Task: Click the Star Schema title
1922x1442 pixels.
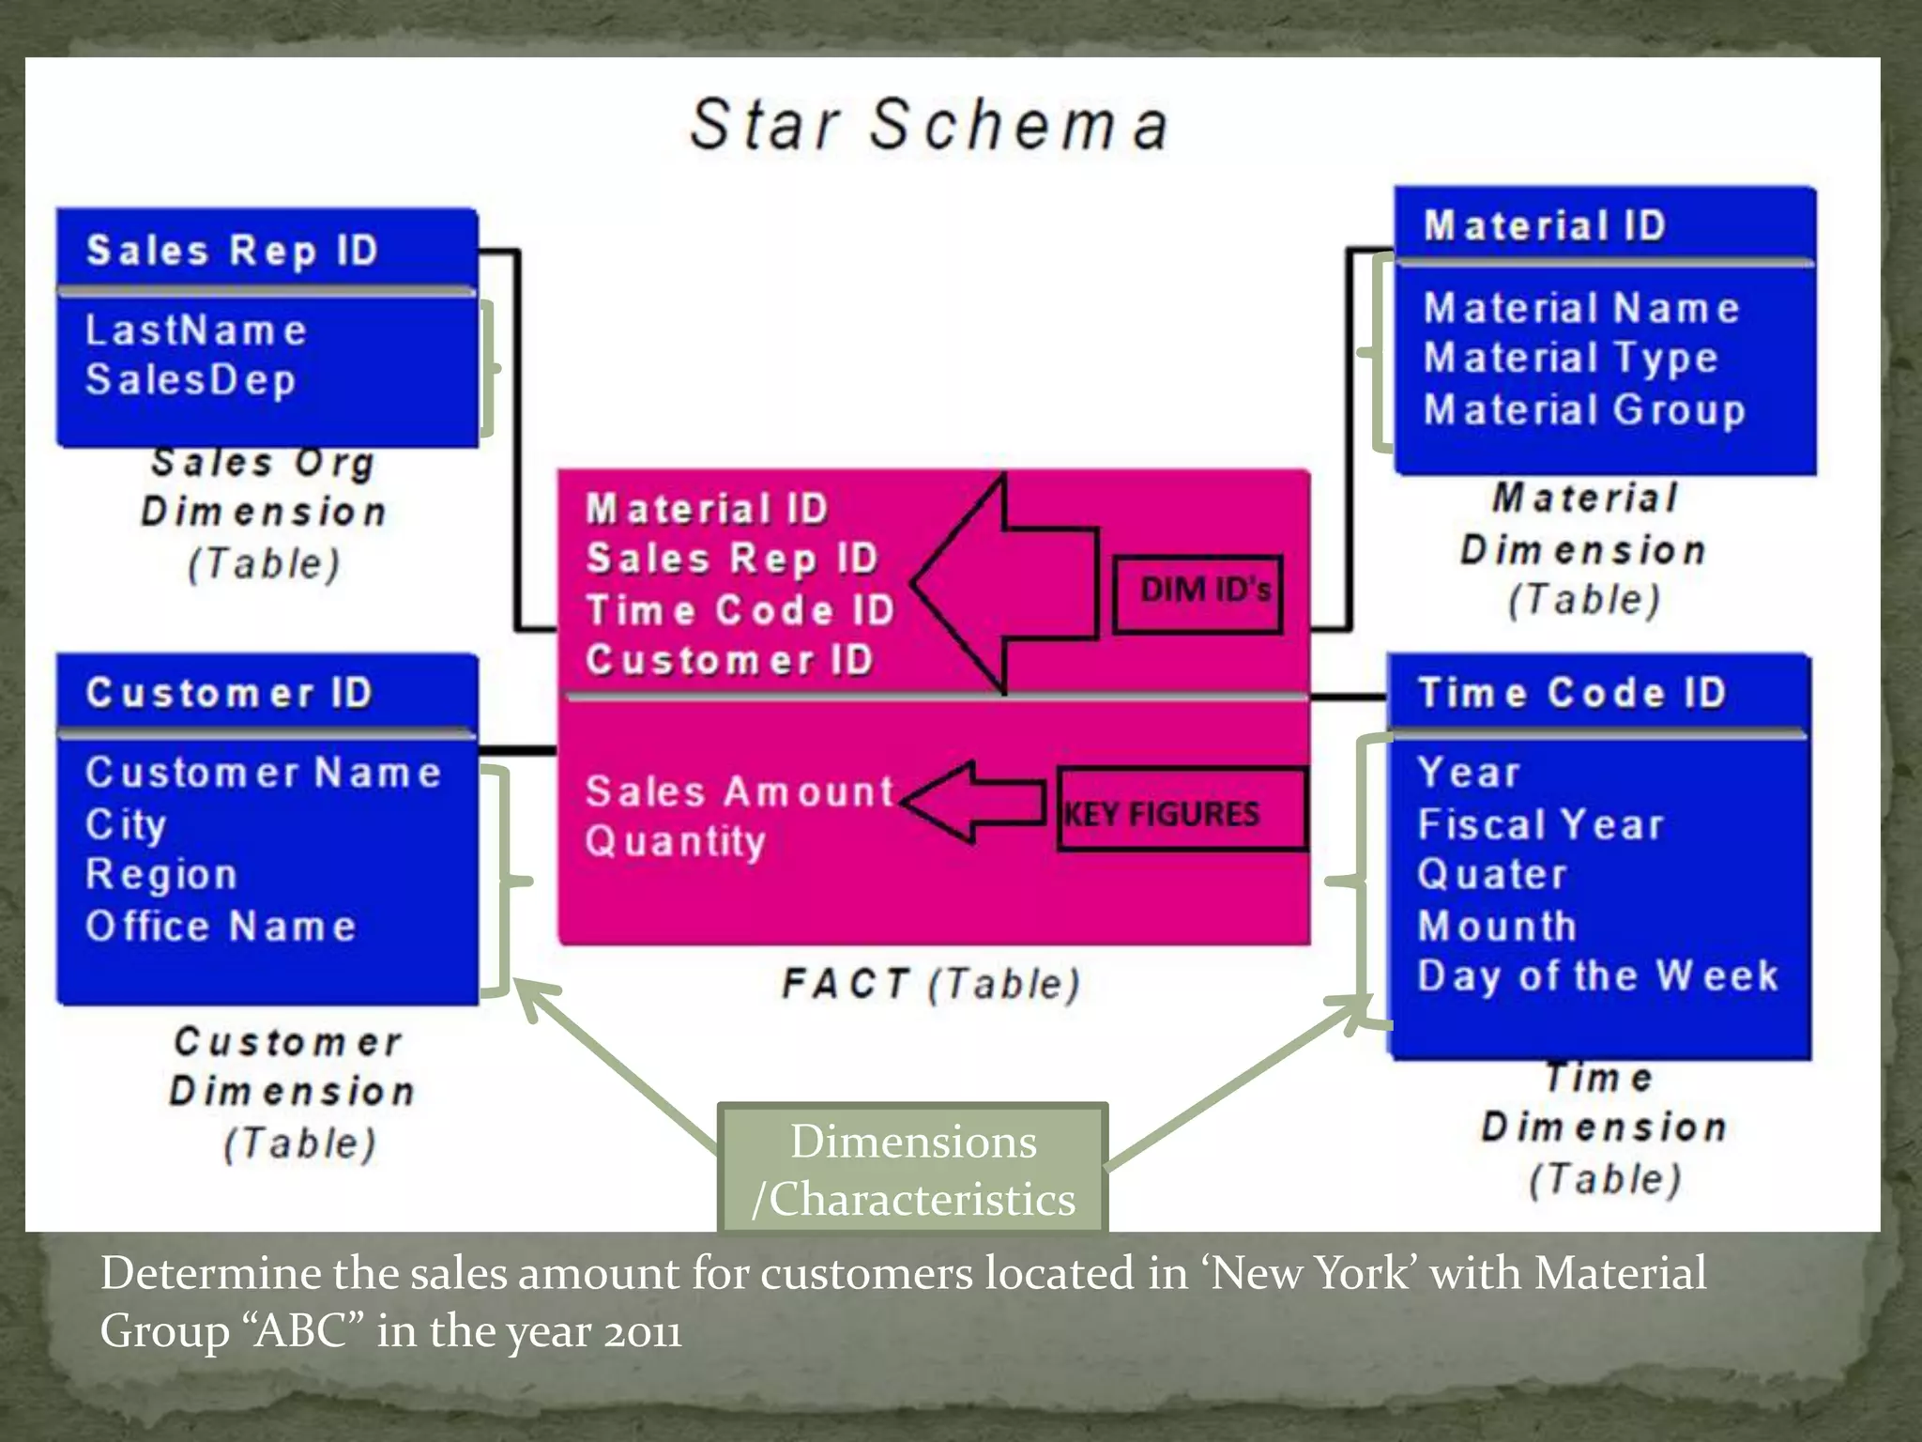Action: [x=929, y=125]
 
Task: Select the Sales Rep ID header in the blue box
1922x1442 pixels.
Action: [x=233, y=251]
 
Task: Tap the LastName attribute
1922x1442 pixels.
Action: [x=196, y=330]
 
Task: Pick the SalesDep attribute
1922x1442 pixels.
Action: [x=191, y=380]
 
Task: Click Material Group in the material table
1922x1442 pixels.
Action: [x=1584, y=410]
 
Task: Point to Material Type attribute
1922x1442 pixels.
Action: [x=1570, y=359]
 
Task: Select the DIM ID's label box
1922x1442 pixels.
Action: [x=1198, y=592]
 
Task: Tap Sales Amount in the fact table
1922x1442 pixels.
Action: [x=740, y=791]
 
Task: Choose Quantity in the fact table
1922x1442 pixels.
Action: [x=676, y=841]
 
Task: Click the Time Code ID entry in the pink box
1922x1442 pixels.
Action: [x=740, y=610]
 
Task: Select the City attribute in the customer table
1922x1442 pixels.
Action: [x=126, y=824]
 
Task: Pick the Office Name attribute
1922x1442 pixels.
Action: [x=221, y=927]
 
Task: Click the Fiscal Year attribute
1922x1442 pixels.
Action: [x=1540, y=825]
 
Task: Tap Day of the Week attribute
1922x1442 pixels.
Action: [x=1597, y=976]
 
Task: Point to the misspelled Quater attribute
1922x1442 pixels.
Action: [x=1492, y=875]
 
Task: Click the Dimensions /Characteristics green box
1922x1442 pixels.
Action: [x=913, y=1170]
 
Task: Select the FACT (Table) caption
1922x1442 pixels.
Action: [x=931, y=985]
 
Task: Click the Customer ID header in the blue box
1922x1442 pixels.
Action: [x=230, y=694]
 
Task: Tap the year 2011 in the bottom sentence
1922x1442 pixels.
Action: [x=642, y=1332]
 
